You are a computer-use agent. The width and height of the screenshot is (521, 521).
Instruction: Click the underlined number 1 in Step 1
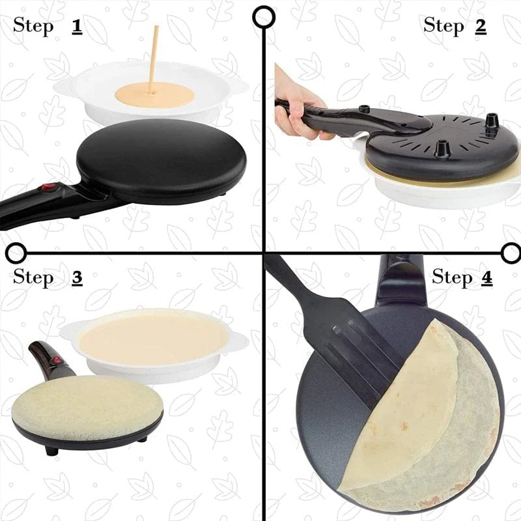coord(77,27)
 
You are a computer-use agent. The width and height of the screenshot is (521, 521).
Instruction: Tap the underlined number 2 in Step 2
coord(481,25)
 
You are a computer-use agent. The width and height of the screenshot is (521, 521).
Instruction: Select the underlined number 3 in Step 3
coord(77,278)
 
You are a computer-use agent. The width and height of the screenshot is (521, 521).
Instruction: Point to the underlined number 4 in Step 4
coord(486,278)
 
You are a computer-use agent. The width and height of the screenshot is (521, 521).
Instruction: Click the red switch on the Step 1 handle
coord(46,189)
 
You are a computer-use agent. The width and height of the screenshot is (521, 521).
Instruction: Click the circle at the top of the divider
coord(263,17)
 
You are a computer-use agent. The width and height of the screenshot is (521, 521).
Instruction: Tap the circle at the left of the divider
coord(16,252)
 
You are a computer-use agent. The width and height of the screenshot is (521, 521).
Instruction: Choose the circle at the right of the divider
coord(511,252)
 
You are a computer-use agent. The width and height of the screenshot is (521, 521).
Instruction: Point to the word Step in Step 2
coord(442,25)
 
